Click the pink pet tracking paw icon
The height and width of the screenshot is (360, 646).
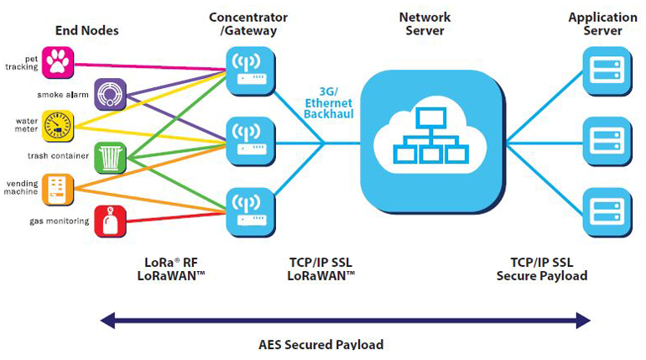[58, 61]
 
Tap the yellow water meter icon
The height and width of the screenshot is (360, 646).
[58, 125]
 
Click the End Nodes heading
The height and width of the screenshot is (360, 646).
[86, 31]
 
